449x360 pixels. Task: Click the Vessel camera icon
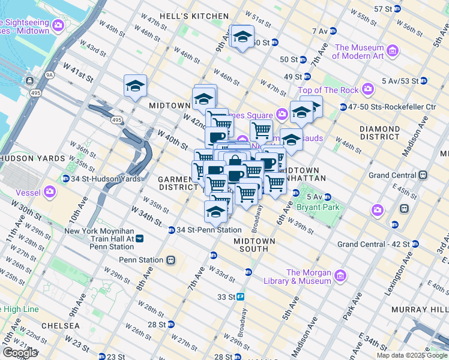coord(50,192)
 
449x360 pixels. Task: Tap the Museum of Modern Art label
coord(360,52)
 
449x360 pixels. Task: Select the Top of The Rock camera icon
coord(368,90)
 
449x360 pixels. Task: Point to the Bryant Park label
coord(318,207)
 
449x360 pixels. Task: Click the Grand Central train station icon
coord(423,175)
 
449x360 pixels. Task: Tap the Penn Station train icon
coord(170,260)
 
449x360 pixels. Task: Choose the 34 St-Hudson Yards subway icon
coord(65,178)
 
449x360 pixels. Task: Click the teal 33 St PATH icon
coord(241,296)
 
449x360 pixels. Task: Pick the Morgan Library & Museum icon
coord(340,276)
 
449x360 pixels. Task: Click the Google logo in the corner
coord(19,353)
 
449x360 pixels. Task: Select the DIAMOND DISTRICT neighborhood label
coord(379,133)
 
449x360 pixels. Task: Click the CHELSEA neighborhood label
coord(58,325)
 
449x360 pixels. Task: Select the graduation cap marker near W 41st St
coord(136,86)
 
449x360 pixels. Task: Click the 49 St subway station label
coord(292,76)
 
